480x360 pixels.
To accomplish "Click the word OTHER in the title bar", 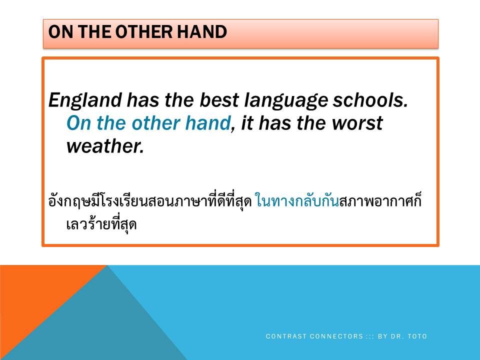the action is coord(144,31).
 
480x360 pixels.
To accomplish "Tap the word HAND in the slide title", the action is coord(202,31).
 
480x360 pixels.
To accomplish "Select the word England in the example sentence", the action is coord(85,100).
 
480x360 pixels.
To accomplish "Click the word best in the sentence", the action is coord(219,100).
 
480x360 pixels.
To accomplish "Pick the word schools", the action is coord(370,100).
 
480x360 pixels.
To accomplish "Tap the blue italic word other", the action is coord(155,123).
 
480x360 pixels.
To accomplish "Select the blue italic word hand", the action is coord(208,123).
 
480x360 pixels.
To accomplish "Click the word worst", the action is coord(357,123).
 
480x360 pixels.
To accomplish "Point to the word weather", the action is coord(105,146).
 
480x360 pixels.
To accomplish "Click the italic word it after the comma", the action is coord(247,123).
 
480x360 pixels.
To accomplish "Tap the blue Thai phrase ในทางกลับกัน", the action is coord(297,201).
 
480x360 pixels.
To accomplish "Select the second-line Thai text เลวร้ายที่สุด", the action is coord(101,224).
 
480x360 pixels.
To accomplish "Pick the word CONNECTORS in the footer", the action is coord(336,336).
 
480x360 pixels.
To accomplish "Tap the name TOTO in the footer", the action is coord(417,336).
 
